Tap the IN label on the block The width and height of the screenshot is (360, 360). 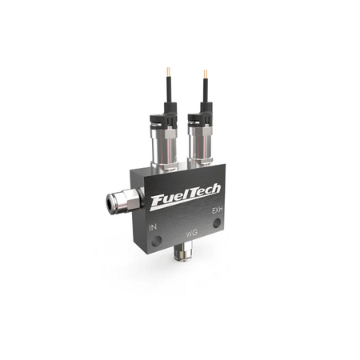point(153,228)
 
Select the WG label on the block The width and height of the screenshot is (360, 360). point(191,233)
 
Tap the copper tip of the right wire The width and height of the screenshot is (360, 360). point(206,74)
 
